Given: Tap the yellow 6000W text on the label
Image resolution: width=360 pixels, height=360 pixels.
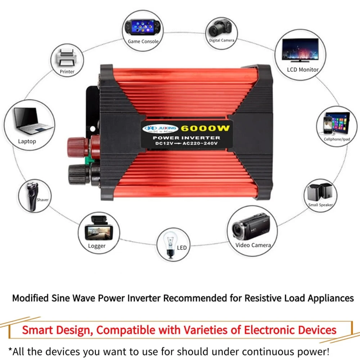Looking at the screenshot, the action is point(206,129).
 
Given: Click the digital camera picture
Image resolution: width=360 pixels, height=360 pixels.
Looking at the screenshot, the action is point(220,27).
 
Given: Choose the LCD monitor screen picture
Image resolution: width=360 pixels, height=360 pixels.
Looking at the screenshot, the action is point(300,50).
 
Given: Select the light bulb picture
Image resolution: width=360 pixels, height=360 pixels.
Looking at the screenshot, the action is point(171,244).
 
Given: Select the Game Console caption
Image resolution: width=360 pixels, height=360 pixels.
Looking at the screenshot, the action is point(143,41).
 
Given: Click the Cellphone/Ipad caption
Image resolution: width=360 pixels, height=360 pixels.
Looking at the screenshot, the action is point(337,139).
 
